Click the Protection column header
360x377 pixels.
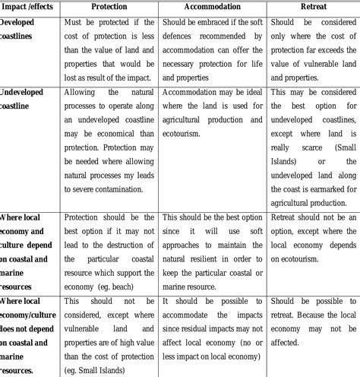tap(109, 6)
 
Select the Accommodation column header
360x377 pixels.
tap(213, 6)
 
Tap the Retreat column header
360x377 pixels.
tap(312, 6)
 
